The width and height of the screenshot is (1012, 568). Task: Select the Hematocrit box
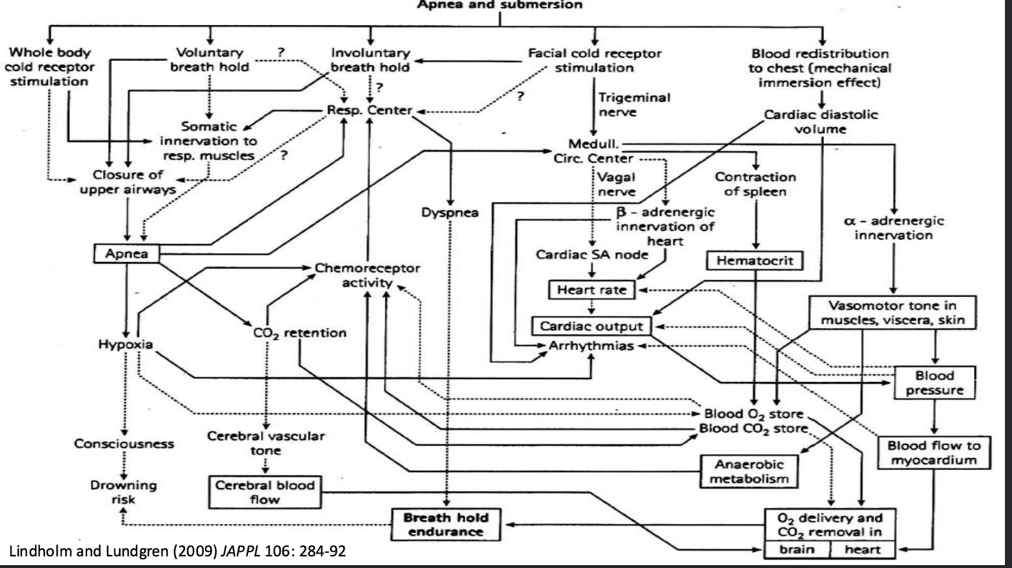pyautogui.click(x=753, y=260)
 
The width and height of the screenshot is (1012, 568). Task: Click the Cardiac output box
pyautogui.click(x=592, y=326)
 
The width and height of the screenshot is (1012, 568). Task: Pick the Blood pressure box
pyautogui.click(x=935, y=383)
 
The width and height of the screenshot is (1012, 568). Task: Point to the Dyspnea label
pyautogui.click(x=451, y=212)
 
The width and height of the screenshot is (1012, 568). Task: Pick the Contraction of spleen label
pyautogui.click(x=755, y=185)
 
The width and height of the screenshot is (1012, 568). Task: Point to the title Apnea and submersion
pyautogui.click(x=498, y=5)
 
